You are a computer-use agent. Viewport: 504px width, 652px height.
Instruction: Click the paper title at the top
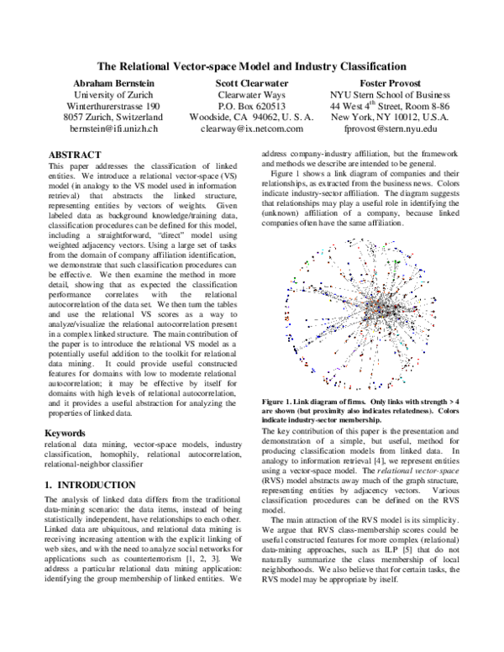[252, 66]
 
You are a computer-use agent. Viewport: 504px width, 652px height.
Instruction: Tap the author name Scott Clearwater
[252, 84]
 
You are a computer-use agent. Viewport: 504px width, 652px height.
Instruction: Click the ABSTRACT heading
[75, 155]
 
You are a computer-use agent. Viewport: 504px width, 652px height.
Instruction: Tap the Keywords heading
[66, 434]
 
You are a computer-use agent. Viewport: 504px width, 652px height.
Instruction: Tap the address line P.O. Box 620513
[252, 107]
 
